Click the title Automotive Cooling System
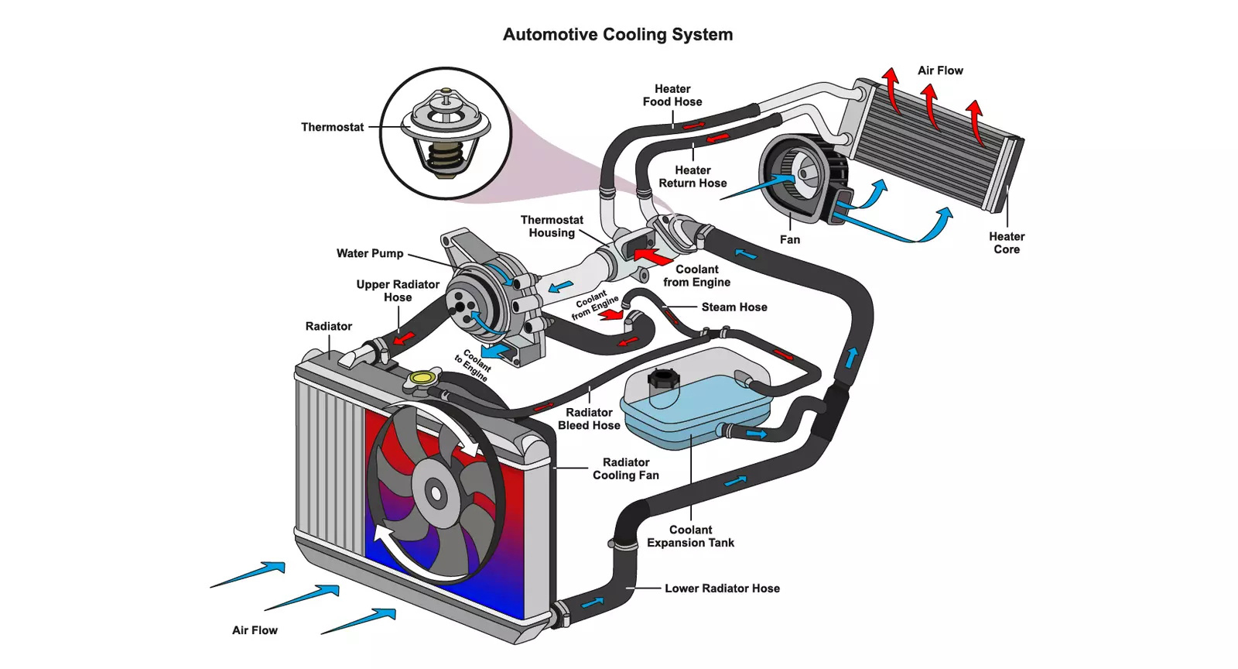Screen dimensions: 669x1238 click(617, 35)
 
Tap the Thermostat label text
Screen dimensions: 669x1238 click(332, 127)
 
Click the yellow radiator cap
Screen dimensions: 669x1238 click(421, 378)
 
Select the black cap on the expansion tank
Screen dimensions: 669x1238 click(663, 379)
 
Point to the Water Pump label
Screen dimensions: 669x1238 click(369, 253)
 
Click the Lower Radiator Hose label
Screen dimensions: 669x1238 click(722, 588)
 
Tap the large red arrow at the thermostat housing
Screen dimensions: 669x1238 click(651, 256)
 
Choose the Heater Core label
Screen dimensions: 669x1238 click(1007, 243)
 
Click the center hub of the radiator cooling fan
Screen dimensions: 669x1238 click(434, 492)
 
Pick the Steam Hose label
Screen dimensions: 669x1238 click(734, 307)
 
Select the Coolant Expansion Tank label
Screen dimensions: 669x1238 click(690, 536)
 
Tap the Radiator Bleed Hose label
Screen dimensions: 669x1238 click(589, 419)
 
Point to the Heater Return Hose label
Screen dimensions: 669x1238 click(693, 177)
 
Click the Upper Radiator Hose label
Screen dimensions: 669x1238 click(398, 290)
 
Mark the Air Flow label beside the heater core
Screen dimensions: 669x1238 click(940, 70)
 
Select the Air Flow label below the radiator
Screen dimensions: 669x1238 click(255, 630)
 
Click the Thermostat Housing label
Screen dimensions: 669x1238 click(552, 226)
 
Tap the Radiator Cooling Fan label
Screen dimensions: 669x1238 click(626, 468)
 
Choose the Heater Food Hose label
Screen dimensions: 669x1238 click(672, 95)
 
